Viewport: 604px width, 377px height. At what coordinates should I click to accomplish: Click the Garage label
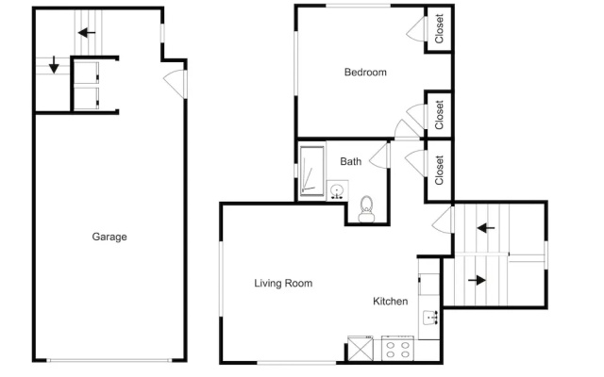click(109, 237)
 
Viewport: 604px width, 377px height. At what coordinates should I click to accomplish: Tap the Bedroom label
click(365, 73)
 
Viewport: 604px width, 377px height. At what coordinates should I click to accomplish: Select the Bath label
click(350, 161)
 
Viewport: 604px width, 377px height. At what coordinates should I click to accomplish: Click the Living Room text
click(283, 284)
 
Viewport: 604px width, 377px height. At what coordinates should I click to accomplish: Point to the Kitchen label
click(390, 302)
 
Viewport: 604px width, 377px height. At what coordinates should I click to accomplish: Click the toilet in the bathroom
click(366, 209)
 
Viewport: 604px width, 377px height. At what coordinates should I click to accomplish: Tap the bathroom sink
click(338, 190)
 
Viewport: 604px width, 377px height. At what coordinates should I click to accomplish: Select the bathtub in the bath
click(312, 171)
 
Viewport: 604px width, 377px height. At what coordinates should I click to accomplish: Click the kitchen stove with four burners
click(397, 349)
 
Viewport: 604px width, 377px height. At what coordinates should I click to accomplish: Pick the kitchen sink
click(430, 318)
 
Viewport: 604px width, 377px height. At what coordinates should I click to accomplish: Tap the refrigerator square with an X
click(361, 349)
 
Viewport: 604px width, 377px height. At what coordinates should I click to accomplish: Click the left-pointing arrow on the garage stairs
click(87, 33)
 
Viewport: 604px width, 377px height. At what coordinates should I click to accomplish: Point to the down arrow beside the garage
click(54, 64)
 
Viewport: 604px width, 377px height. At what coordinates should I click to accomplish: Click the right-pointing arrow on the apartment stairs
click(477, 280)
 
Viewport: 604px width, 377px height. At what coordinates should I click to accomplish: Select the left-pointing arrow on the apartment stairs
click(486, 228)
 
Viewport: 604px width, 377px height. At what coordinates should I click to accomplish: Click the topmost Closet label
click(439, 29)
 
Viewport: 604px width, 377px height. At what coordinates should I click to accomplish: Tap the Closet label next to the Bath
click(439, 170)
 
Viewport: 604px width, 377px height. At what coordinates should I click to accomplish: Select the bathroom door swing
click(379, 155)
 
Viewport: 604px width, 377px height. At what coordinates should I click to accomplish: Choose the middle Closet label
click(439, 115)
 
